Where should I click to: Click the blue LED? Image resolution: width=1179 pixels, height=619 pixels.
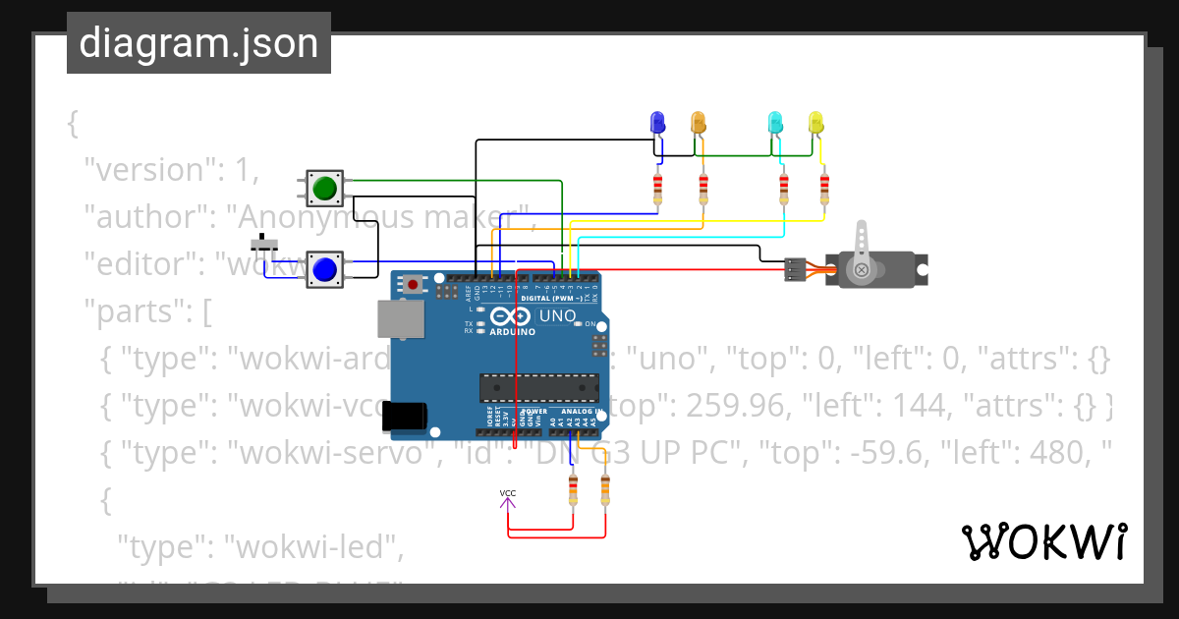[x=658, y=123]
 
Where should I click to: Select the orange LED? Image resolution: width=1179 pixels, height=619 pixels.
[x=699, y=123]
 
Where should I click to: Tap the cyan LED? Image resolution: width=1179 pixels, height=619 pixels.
[x=775, y=123]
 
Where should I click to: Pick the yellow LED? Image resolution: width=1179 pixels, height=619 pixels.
[x=815, y=123]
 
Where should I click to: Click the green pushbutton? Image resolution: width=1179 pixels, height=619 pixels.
[x=324, y=188]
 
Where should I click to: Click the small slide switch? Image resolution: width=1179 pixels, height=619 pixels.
[x=263, y=243]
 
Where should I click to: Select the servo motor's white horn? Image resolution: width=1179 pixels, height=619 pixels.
[x=862, y=251]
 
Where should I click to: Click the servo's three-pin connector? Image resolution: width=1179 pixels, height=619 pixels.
[x=796, y=269]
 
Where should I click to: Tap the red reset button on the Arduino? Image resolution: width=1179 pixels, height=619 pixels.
[x=414, y=285]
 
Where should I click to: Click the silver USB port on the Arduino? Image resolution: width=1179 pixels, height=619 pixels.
[x=400, y=319]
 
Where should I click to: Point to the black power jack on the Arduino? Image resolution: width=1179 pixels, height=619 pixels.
[x=403, y=417]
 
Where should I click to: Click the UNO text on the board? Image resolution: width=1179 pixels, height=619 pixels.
[x=557, y=316]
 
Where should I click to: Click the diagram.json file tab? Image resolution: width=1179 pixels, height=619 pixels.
[x=198, y=43]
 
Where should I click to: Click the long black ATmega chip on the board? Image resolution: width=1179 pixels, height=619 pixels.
[x=538, y=388]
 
